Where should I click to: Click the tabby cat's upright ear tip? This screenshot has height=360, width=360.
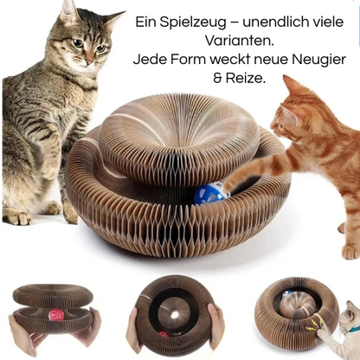click(x=67, y=6)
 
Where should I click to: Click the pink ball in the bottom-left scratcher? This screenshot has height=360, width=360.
click(x=56, y=314)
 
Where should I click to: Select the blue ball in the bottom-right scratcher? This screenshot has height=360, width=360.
click(x=286, y=294)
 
